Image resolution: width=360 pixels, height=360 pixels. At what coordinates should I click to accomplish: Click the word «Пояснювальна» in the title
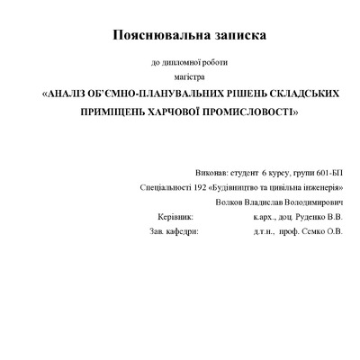coord(156,35)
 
